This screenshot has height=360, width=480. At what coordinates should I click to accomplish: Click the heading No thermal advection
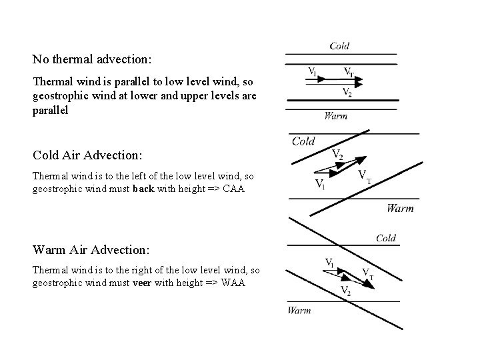coord(92,59)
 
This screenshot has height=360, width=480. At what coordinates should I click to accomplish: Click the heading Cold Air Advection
coord(87,155)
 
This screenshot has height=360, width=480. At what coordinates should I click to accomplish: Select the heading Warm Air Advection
coord(91,250)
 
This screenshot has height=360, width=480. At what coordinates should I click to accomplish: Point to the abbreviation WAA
coord(232,283)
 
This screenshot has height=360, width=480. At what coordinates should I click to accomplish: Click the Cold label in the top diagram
coord(339,46)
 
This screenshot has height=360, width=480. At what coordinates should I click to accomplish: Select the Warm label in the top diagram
coord(335,116)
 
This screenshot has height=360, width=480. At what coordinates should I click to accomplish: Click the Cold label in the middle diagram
coord(303,141)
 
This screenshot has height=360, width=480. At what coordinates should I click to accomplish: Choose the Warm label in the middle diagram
coord(400,209)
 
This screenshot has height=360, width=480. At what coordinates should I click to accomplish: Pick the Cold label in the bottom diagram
coord(386,238)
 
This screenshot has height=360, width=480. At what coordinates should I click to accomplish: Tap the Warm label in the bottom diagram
coord(299,310)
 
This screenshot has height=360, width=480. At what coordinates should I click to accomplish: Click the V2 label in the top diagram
coord(347,92)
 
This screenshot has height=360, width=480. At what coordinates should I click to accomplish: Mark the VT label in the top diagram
coord(349,71)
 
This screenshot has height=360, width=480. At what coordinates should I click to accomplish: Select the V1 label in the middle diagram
coord(321,184)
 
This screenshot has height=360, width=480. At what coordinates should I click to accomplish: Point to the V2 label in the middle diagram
coord(338,155)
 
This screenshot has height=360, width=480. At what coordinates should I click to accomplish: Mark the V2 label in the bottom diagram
coord(346,290)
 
